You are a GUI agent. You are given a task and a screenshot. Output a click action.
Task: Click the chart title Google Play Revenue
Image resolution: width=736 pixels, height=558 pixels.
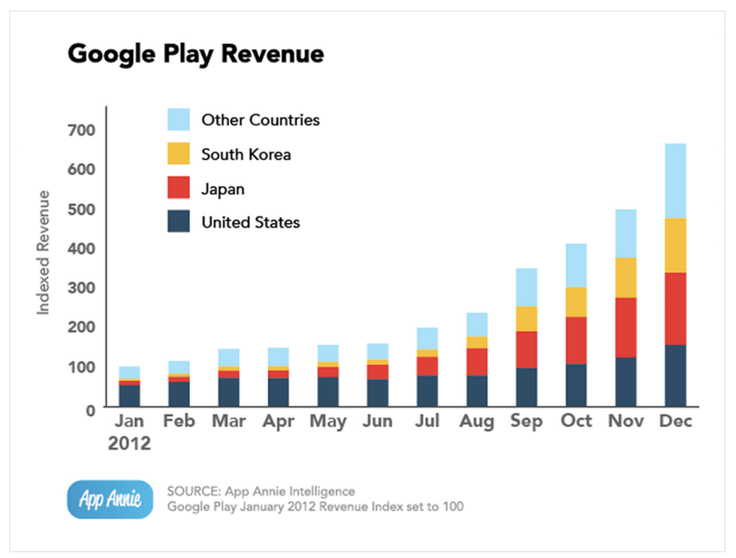click(195, 54)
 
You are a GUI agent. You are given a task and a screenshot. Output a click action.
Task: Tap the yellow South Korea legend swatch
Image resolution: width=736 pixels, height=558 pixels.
click(179, 155)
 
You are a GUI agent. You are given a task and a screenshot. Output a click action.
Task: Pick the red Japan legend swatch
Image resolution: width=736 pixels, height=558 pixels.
click(179, 189)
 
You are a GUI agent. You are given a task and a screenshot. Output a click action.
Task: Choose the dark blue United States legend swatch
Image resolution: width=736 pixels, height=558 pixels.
click(179, 222)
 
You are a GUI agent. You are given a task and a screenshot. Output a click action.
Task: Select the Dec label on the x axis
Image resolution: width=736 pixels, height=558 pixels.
click(674, 421)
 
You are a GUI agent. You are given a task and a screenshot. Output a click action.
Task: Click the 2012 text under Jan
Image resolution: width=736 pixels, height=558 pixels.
click(129, 443)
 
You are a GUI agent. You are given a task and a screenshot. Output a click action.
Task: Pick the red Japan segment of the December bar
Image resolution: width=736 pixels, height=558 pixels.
click(675, 308)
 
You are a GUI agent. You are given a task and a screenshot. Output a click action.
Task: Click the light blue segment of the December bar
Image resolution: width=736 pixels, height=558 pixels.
click(675, 180)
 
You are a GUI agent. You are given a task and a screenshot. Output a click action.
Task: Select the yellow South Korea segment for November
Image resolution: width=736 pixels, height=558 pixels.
click(626, 277)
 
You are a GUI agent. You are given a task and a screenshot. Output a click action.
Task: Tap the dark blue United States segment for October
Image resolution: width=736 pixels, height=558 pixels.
click(576, 385)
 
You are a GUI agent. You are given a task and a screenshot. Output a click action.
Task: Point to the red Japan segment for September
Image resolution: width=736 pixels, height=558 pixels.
click(526, 349)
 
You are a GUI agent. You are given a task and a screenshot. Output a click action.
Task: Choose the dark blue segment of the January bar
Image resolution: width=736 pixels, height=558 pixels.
click(129, 396)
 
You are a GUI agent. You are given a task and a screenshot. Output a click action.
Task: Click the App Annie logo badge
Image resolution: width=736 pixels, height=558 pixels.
click(110, 499)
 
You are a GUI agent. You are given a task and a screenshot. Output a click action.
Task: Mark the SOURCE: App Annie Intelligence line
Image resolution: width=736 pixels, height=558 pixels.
click(261, 492)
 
